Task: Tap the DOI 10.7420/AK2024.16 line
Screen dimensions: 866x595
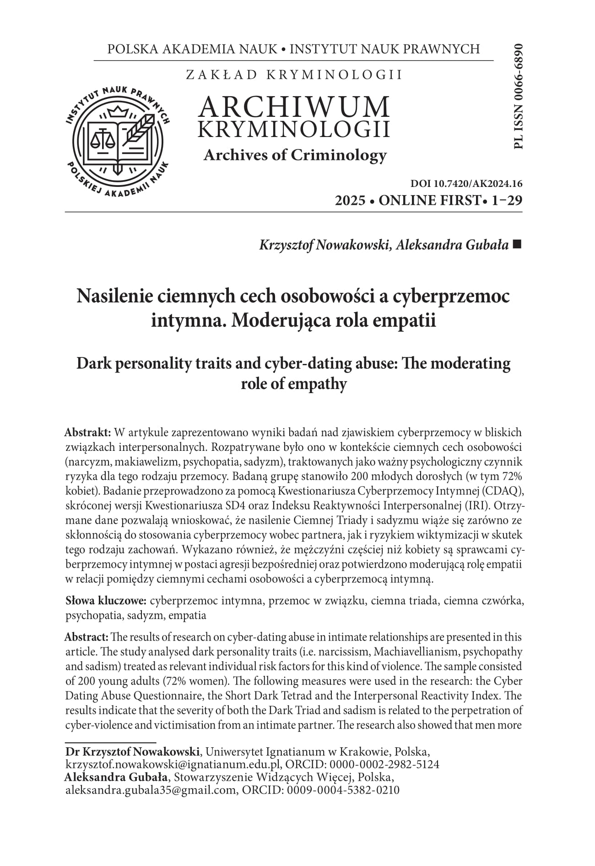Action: (x=466, y=184)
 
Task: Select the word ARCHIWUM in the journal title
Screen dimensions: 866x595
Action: (x=294, y=107)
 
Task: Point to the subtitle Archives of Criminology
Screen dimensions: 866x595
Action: (x=295, y=155)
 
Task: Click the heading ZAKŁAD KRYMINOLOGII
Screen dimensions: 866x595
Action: (x=294, y=75)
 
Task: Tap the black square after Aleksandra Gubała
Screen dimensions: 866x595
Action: (x=517, y=245)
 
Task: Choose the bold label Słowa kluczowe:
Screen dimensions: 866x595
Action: (x=106, y=600)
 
